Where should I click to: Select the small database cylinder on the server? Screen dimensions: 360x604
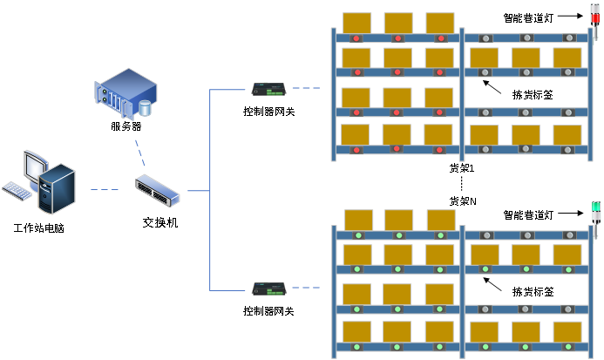pyautogui.click(x=145, y=108)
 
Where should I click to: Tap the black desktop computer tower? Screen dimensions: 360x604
pyautogui.click(x=58, y=188)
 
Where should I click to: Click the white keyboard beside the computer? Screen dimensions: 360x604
pyautogui.click(x=17, y=190)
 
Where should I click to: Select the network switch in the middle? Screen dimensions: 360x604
pyautogui.click(x=158, y=189)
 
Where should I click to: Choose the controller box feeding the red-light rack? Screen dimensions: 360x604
pyautogui.click(x=268, y=88)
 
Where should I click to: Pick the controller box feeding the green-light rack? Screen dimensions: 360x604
pyautogui.click(x=268, y=288)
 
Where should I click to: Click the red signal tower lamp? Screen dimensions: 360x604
pyautogui.click(x=595, y=17)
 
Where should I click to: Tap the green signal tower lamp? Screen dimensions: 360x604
pyautogui.click(x=596, y=209)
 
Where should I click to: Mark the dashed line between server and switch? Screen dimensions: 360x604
pyautogui.click(x=139, y=152)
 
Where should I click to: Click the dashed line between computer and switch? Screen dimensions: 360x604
pyautogui.click(x=105, y=189)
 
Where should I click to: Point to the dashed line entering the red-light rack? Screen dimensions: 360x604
pyautogui.click(x=306, y=88)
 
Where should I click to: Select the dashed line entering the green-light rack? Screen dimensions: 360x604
pyautogui.click(x=306, y=288)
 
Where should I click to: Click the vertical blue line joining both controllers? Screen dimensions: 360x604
pyautogui.click(x=210, y=188)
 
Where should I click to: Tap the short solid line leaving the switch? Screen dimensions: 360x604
pyautogui.click(x=198, y=190)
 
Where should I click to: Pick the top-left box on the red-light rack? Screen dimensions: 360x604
pyautogui.click(x=356, y=23)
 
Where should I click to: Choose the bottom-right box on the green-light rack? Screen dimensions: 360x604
pyautogui.click(x=567, y=331)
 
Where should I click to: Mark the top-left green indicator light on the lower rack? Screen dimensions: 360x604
pyautogui.click(x=358, y=235)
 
